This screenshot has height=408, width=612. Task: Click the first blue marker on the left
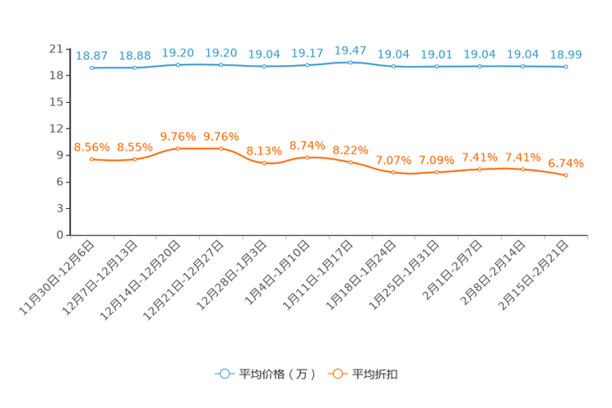point(91,67)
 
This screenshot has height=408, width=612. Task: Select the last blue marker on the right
point(566,67)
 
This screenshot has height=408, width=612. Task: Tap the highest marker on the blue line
point(350,62)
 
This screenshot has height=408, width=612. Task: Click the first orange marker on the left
point(91,159)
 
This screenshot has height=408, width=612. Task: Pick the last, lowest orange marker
point(566,175)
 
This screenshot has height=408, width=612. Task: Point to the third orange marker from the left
point(178,148)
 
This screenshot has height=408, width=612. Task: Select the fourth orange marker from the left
point(220,148)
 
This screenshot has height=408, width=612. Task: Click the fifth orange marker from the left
point(264,163)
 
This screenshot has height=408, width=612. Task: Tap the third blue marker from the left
point(178,64)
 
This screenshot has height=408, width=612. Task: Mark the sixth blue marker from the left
point(307,65)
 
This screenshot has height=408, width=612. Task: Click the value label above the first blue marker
point(91,56)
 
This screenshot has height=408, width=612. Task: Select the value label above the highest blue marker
point(350,50)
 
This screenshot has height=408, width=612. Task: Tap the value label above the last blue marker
point(566,54)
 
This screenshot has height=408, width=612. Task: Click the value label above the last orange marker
point(566,164)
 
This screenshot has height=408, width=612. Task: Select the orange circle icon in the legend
point(336,373)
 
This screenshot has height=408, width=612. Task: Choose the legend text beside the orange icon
point(376,374)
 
